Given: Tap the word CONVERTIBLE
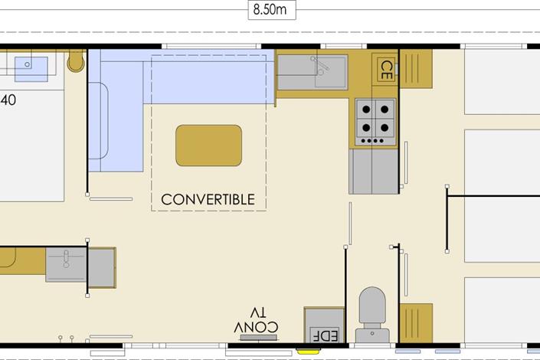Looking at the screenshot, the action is (x=208, y=199).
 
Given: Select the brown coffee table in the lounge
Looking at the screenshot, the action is (x=208, y=146).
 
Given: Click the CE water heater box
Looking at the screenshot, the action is (x=386, y=70).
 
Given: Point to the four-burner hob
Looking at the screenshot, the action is (x=375, y=122).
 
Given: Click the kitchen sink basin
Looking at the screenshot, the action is (x=330, y=72).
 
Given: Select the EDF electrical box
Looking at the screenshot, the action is (x=325, y=326).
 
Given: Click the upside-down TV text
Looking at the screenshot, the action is (x=258, y=313).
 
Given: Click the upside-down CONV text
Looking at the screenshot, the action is (x=256, y=327).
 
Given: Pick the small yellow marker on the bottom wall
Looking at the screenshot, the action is (x=308, y=352).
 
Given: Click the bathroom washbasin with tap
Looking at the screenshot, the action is (x=66, y=264).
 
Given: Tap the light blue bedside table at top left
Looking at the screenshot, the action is (x=31, y=69).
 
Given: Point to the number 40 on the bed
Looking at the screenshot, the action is (x=8, y=100).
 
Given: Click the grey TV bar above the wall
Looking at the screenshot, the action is (x=259, y=338).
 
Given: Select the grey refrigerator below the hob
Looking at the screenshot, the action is (x=374, y=172).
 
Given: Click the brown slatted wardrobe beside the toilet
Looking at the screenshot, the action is (x=416, y=323).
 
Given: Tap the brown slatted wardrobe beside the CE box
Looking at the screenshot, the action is (x=416, y=69).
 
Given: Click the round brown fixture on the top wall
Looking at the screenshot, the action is (x=76, y=61).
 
